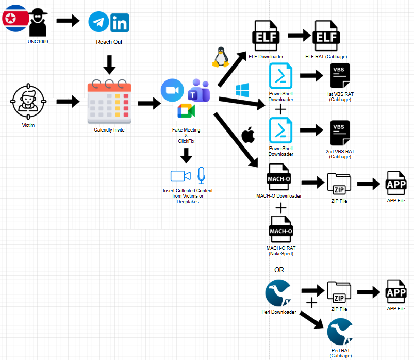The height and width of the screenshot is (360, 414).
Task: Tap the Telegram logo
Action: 98,22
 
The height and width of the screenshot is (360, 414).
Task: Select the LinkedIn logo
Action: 120,23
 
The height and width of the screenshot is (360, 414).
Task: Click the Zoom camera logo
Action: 172,90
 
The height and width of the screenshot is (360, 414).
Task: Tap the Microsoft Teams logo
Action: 198,91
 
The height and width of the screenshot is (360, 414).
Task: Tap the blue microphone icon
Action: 201,175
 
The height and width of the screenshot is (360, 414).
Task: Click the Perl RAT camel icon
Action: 340,332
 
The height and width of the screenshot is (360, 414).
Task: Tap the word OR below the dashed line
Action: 278,270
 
